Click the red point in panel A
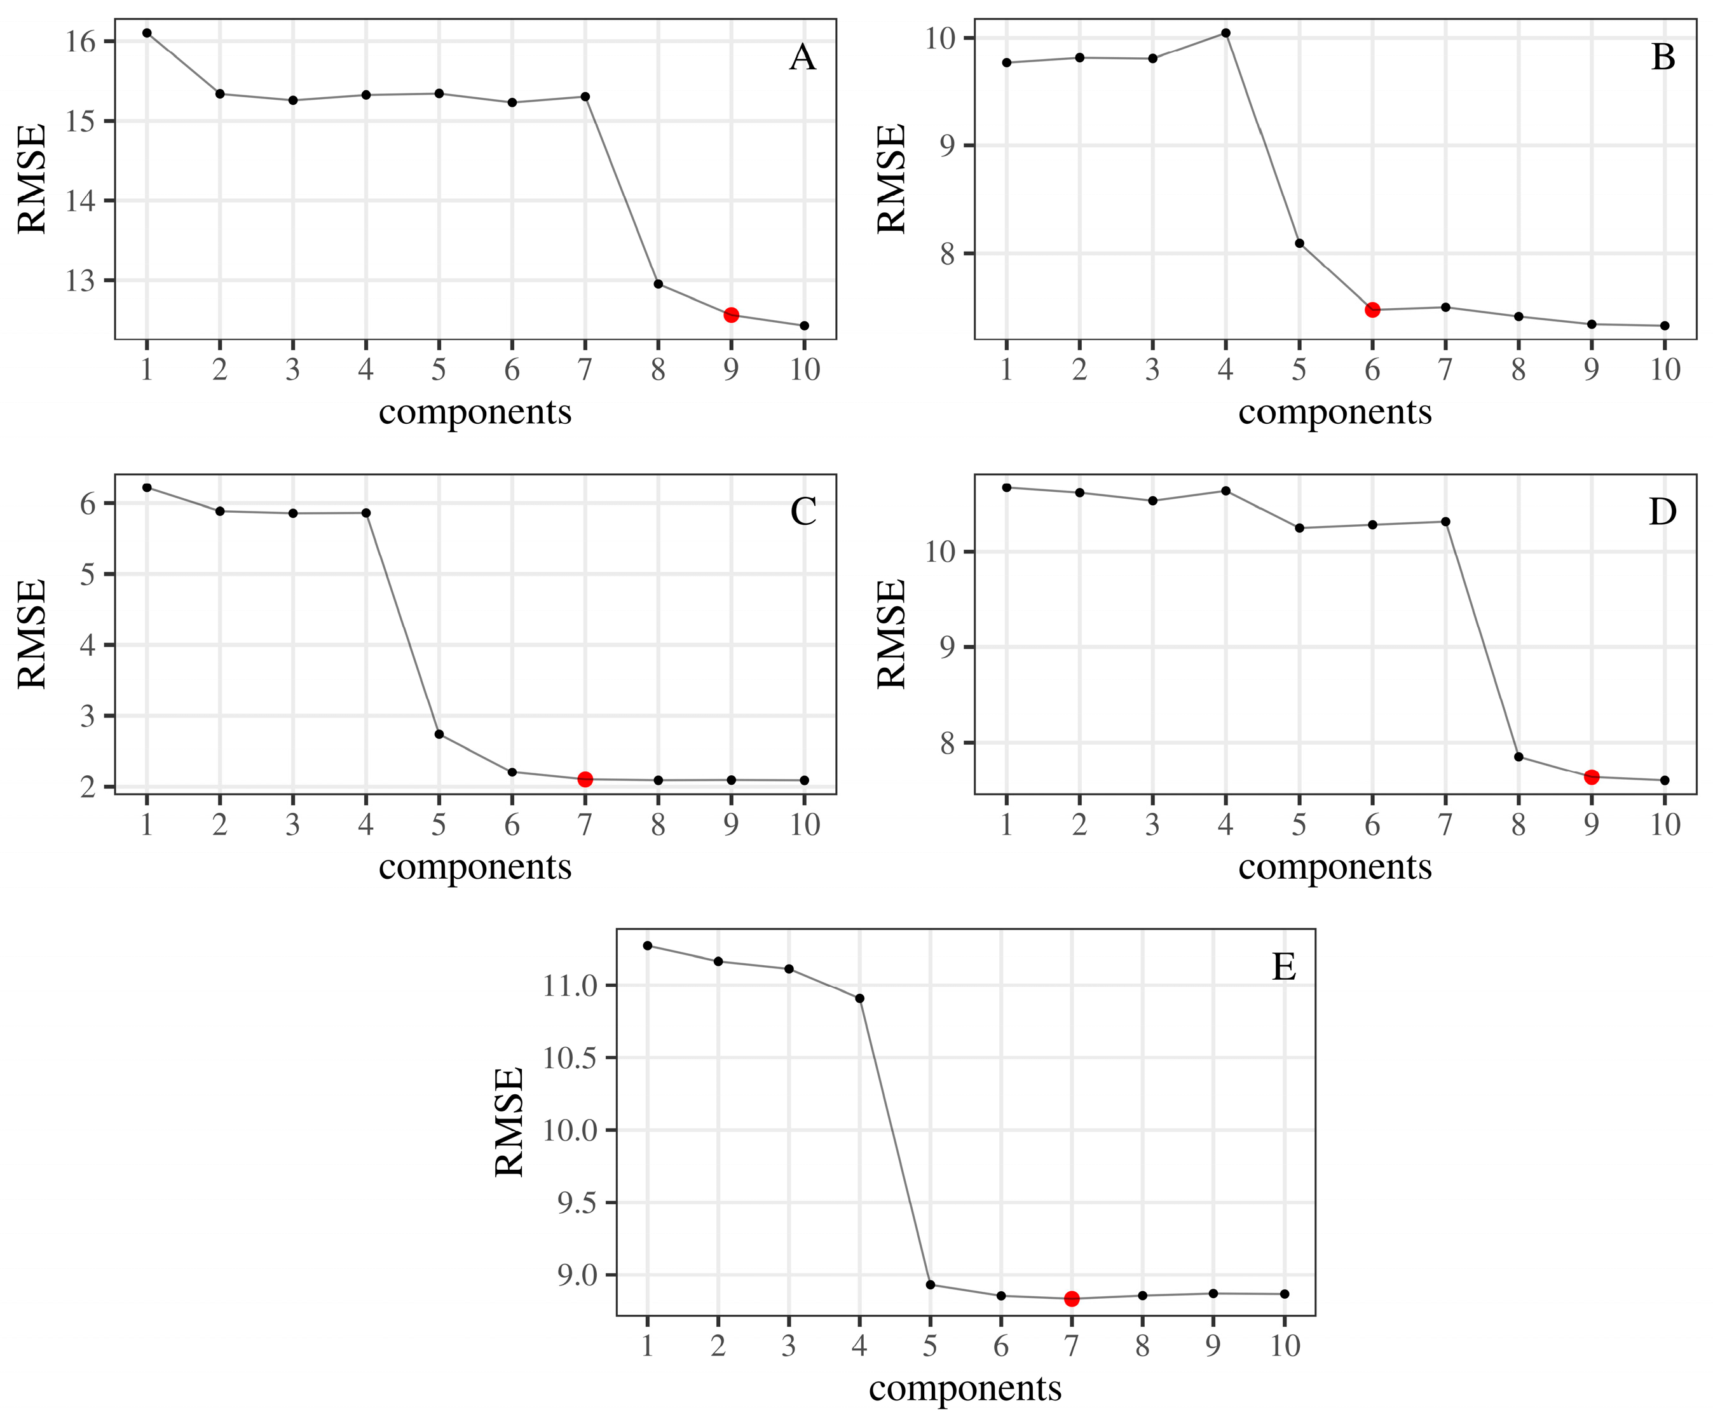(x=731, y=315)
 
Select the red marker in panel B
(x=1372, y=310)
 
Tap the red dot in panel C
(x=585, y=780)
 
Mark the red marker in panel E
(x=1072, y=1299)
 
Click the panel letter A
(x=803, y=58)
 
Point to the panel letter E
(x=1284, y=968)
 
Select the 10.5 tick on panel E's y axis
(x=570, y=1058)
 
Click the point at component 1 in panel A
(x=147, y=32)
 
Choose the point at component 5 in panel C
(x=439, y=735)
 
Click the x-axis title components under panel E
(x=965, y=1388)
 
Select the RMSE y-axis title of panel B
(x=892, y=179)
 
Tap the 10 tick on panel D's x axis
(x=1665, y=826)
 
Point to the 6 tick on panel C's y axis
(x=87, y=503)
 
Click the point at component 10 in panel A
(x=804, y=325)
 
